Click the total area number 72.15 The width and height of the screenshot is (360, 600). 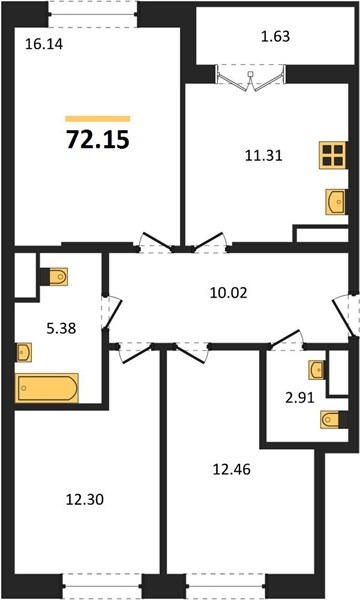(98, 139)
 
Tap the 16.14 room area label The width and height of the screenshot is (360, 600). (44, 44)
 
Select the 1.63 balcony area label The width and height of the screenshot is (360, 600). (275, 36)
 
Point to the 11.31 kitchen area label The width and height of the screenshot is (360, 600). (264, 155)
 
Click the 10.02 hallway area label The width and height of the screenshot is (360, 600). (229, 293)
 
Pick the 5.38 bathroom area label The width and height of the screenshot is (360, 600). (61, 328)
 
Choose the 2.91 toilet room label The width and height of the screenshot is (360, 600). (300, 398)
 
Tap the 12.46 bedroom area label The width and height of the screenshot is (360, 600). (231, 469)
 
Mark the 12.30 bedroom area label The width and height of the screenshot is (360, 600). (85, 499)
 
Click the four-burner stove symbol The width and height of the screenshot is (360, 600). (333, 155)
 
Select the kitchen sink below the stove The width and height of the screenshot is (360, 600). (336, 201)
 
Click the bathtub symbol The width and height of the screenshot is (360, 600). (47, 388)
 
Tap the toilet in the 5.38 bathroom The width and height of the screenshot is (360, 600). (54, 277)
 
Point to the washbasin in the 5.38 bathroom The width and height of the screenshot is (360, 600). (24, 352)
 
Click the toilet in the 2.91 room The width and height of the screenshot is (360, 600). (334, 420)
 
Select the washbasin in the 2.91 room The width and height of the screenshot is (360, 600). (317, 370)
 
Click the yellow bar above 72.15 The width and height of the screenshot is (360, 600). (98, 119)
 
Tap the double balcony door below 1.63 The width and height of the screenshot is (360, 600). (251, 78)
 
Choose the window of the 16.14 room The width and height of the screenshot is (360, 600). (93, 15)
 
